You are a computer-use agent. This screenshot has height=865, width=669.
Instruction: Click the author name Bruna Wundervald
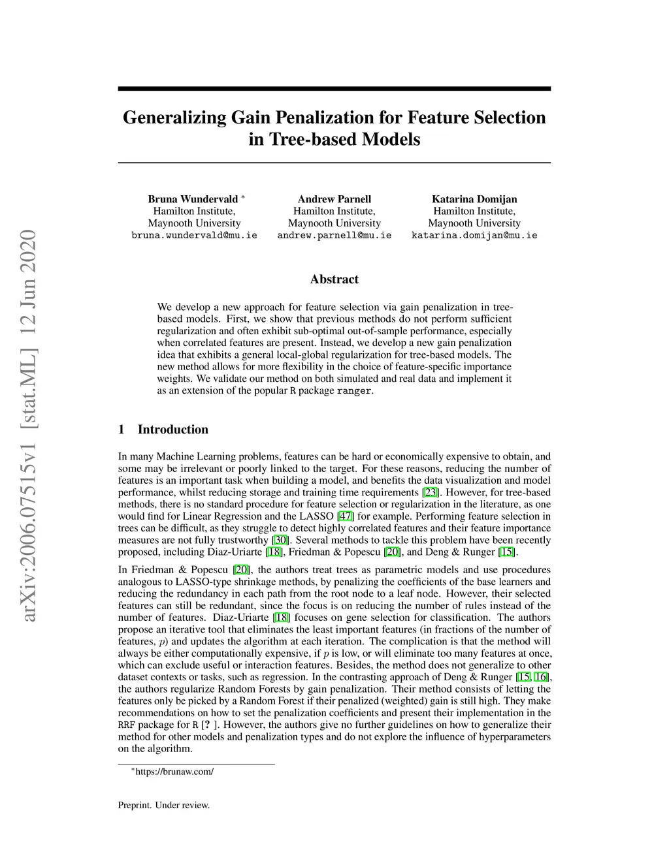click(193, 199)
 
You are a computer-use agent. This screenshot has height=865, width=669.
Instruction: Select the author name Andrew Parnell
click(334, 199)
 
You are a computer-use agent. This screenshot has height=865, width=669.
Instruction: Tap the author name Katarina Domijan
click(474, 199)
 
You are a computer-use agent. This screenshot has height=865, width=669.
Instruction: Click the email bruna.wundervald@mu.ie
click(194, 235)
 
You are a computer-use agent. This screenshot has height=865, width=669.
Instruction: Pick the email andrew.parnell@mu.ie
click(334, 235)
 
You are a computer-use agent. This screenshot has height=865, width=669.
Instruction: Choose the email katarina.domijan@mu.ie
click(474, 235)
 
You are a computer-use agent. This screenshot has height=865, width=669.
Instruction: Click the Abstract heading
click(334, 279)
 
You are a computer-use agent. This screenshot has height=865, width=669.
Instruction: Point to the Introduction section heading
click(172, 430)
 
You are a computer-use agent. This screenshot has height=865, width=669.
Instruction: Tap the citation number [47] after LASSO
click(345, 516)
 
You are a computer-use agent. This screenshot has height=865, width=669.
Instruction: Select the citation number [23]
click(431, 492)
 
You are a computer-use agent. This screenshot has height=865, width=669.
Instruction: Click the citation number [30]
click(280, 541)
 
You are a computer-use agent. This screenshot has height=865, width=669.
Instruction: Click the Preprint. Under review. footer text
click(164, 805)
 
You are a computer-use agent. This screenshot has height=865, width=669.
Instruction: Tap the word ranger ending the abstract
click(353, 391)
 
